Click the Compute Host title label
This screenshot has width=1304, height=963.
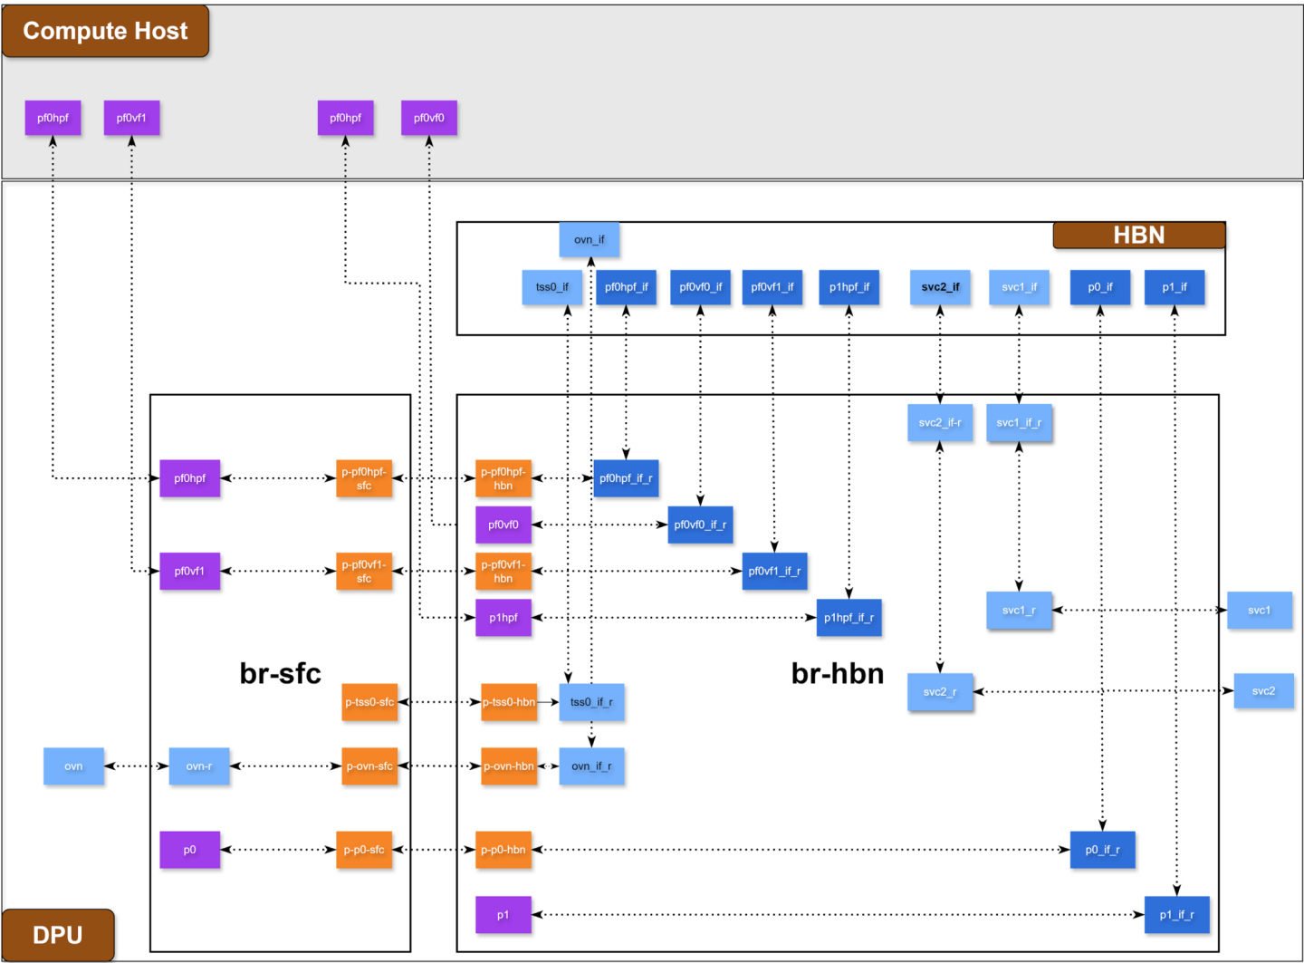pyautogui.click(x=105, y=31)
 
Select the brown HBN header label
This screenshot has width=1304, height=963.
pyautogui.click(x=1138, y=236)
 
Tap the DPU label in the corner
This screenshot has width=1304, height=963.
pyautogui.click(x=57, y=935)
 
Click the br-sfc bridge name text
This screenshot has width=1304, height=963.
pyautogui.click(x=280, y=673)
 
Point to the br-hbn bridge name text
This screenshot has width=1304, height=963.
pyautogui.click(x=837, y=673)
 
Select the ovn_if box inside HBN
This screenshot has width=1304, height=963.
pyautogui.click(x=589, y=240)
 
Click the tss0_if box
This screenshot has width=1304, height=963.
pyautogui.click(x=551, y=287)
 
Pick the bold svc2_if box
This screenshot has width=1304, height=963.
pyautogui.click(x=940, y=287)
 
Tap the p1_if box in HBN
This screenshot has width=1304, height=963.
pyautogui.click(x=1174, y=287)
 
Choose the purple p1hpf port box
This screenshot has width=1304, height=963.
pyautogui.click(x=503, y=618)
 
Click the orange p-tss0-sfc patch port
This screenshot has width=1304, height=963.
pyautogui.click(x=369, y=702)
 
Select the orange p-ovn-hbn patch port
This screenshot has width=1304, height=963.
pyautogui.click(x=508, y=766)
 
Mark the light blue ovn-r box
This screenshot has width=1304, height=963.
pyautogui.click(x=198, y=766)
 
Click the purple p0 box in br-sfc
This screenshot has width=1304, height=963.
pyautogui.click(x=189, y=850)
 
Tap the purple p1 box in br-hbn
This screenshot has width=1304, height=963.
pyautogui.click(x=503, y=915)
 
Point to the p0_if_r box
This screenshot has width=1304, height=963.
pyautogui.click(x=1102, y=850)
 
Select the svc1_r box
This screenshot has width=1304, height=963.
pyautogui.click(x=1019, y=611)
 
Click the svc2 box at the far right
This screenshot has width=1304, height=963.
pyautogui.click(x=1263, y=691)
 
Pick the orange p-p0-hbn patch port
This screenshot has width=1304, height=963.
pyautogui.click(x=503, y=850)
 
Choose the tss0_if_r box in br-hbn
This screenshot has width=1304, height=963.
pyautogui.click(x=591, y=702)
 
